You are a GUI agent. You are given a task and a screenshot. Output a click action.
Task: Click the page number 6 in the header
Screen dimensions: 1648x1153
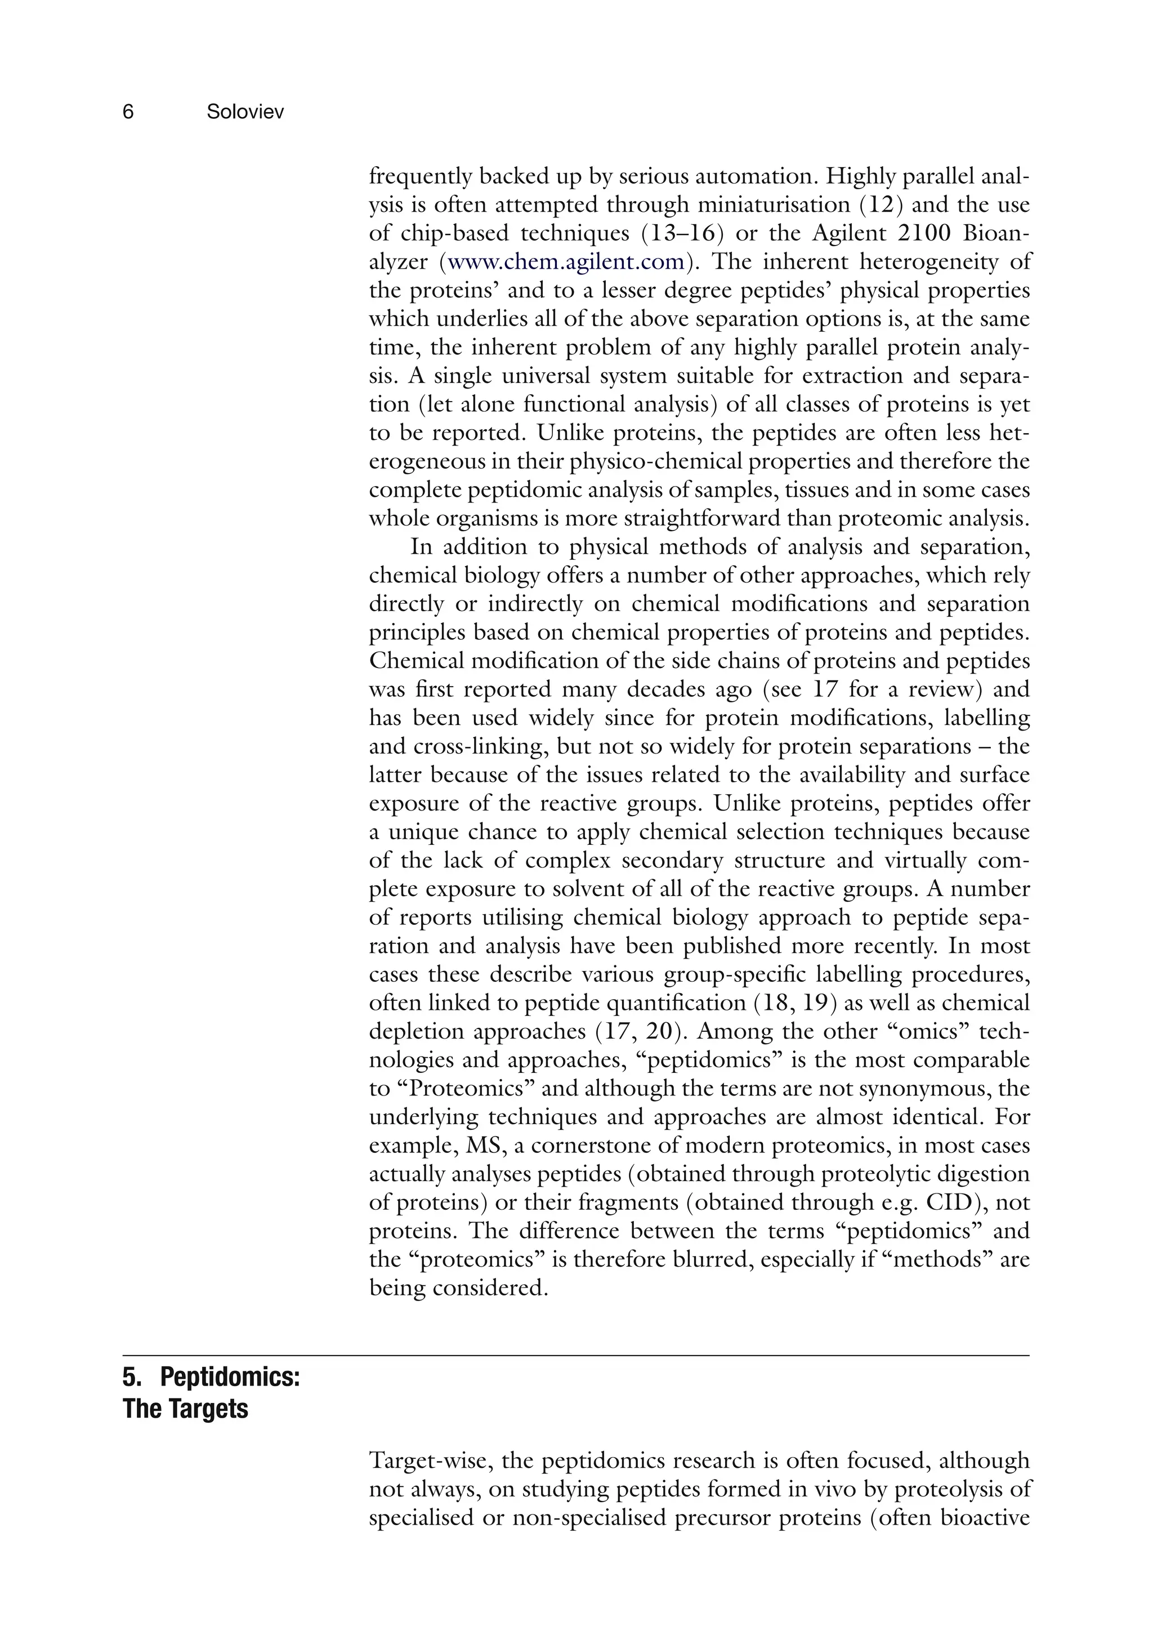click(128, 112)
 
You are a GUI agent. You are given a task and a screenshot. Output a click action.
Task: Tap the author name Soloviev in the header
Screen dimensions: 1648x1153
click(245, 112)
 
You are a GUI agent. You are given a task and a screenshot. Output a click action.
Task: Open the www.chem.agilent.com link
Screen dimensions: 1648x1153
click(565, 262)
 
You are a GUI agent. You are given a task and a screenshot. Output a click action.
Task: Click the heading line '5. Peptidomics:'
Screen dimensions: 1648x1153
click(211, 1378)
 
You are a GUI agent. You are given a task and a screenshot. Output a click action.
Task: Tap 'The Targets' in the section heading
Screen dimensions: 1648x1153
click(185, 1409)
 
